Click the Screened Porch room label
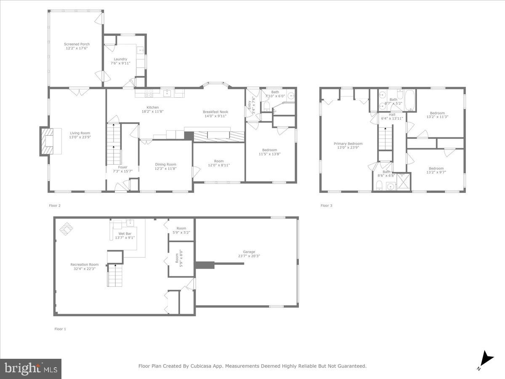point(77,44)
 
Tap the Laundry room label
point(120,59)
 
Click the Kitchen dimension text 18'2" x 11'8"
point(152,112)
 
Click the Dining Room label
point(165,165)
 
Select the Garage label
point(249,252)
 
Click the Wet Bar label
point(124,233)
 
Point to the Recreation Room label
point(84,264)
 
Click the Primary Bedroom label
point(348,144)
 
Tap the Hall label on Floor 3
point(392,115)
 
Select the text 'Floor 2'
point(55,206)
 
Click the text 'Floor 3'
point(326,206)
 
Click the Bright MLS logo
point(31,369)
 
